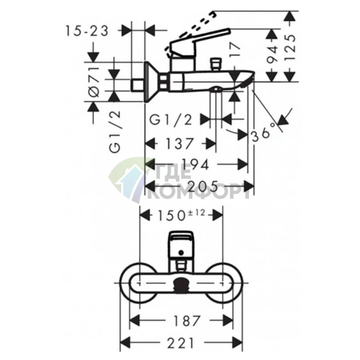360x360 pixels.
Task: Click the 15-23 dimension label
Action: click(x=87, y=31)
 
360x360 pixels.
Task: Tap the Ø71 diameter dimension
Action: click(x=94, y=81)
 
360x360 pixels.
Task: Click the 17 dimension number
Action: click(x=234, y=50)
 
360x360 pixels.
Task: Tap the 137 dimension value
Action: click(x=179, y=144)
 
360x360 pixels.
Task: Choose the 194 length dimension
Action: click(x=195, y=165)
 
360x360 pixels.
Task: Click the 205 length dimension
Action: click(x=203, y=187)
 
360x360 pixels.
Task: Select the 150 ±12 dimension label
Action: click(x=181, y=215)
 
